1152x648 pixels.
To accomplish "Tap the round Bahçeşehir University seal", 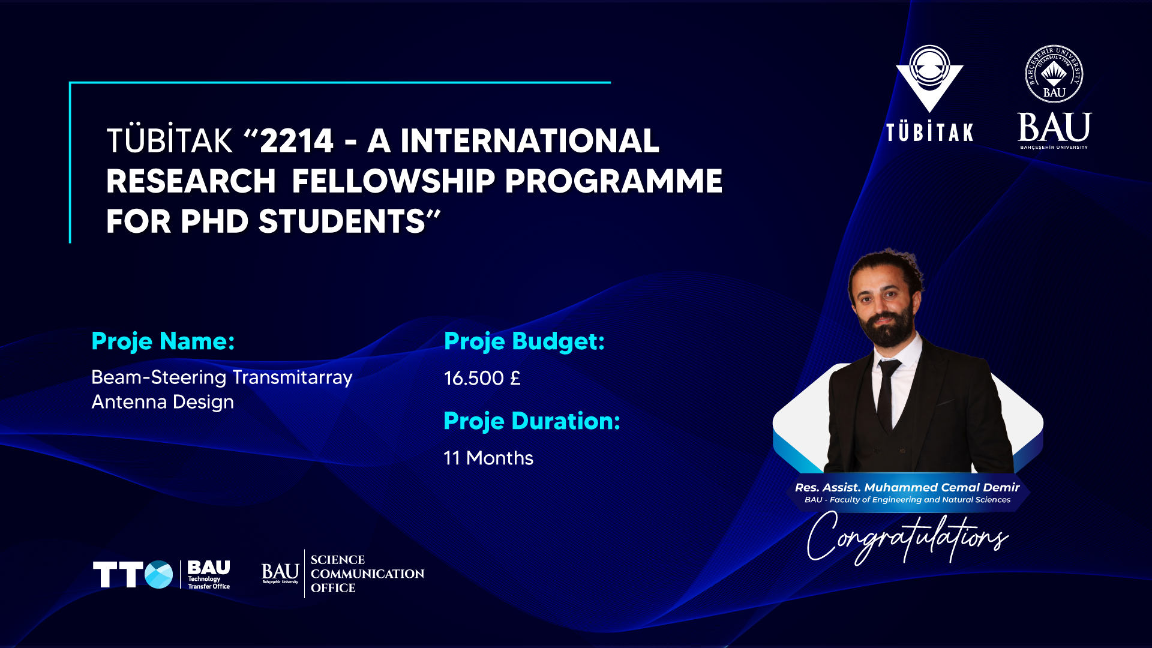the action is (x=1054, y=74).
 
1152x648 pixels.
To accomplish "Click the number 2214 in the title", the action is (x=296, y=141).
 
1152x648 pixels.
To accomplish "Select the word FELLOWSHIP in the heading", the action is (x=394, y=181).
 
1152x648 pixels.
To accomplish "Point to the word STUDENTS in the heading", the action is (x=342, y=221).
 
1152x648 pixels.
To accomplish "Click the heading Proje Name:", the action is (x=163, y=341).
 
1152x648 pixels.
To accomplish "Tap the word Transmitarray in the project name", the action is (x=293, y=377).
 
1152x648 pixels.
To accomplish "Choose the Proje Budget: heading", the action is (x=524, y=341).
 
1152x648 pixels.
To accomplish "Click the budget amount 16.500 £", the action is (x=482, y=378).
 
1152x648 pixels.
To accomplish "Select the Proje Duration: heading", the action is (x=532, y=421).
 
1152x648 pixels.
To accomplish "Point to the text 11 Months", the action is (x=488, y=458).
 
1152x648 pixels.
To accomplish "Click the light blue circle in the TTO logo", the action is (x=159, y=575).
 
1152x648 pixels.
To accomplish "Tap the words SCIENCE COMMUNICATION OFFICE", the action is (x=367, y=574).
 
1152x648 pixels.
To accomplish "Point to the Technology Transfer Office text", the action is (x=209, y=583).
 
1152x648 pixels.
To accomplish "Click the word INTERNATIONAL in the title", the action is (x=530, y=141).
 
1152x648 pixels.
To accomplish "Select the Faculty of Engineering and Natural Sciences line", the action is (x=920, y=500).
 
